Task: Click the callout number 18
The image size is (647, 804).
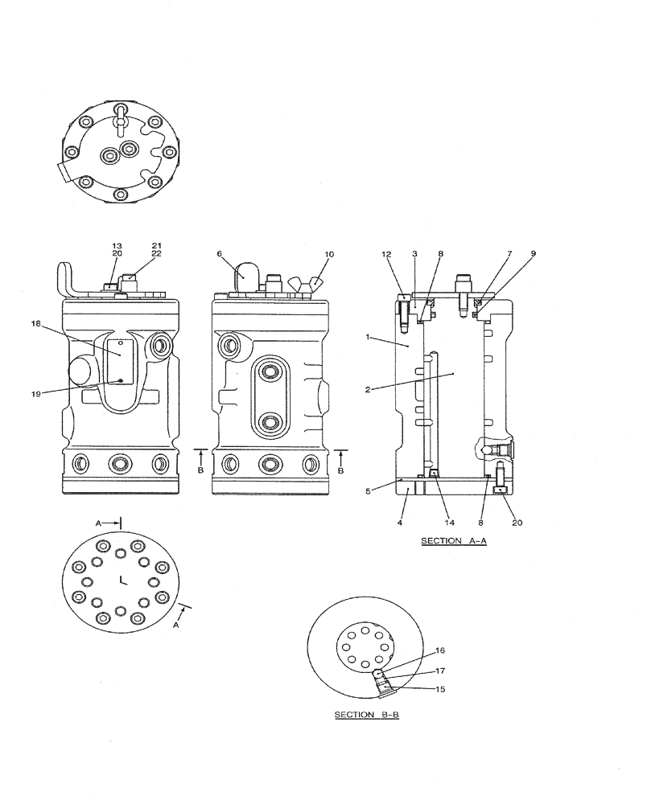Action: pos(36,325)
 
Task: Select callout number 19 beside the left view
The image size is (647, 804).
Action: pos(36,393)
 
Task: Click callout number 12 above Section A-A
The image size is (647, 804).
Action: pos(388,253)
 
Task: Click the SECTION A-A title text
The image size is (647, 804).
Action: pos(454,542)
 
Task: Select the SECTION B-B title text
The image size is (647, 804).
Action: pos(366,715)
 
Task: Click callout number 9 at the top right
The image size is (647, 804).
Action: pos(532,253)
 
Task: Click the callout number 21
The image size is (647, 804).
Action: pos(156,245)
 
